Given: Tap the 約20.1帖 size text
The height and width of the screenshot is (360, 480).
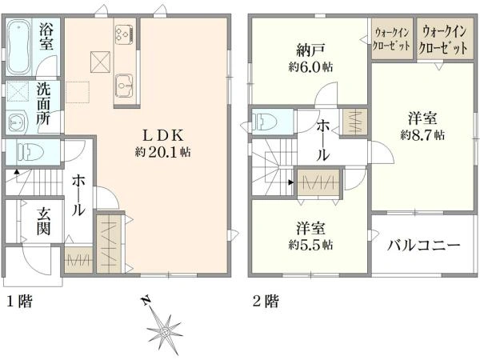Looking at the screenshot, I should [x=165, y=150].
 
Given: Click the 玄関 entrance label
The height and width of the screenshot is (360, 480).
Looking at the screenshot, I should [x=45, y=222].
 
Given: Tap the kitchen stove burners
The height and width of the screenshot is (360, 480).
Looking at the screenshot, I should [x=124, y=33].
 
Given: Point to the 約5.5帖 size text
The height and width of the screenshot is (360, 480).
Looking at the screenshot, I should [x=310, y=242].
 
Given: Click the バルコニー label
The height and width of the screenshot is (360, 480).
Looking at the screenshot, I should [x=424, y=245].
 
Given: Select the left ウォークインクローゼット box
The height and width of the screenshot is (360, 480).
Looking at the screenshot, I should [x=392, y=38].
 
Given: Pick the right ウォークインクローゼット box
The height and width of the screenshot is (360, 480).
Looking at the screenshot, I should [x=445, y=38].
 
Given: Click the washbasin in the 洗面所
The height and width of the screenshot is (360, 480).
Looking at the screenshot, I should [x=16, y=122].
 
